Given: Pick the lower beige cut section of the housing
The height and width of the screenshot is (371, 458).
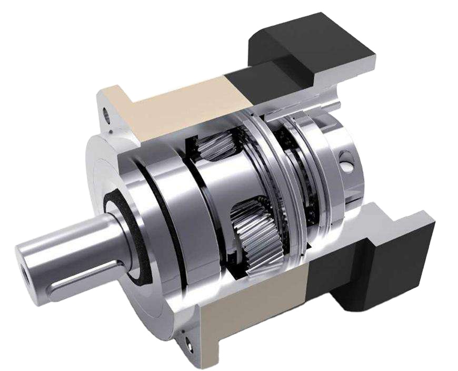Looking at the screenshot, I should pos(253,306).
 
